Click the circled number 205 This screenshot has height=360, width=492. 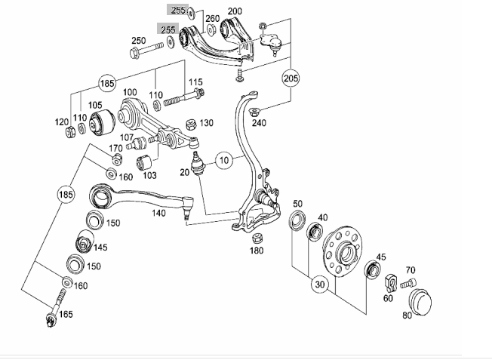(x=291, y=78)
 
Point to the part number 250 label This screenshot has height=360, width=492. (x=138, y=41)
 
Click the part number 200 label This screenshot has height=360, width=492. (x=235, y=11)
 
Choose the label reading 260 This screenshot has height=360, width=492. (x=213, y=19)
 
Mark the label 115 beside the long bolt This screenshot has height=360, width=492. (x=196, y=82)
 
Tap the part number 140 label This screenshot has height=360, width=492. (x=158, y=214)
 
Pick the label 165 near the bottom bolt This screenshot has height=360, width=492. (x=66, y=313)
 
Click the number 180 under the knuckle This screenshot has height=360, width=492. (x=257, y=251)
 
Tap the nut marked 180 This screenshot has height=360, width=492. (x=256, y=238)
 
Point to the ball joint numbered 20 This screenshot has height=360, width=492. (x=198, y=161)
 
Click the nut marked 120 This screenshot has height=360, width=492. (x=69, y=132)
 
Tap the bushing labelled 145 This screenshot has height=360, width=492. (x=83, y=245)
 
